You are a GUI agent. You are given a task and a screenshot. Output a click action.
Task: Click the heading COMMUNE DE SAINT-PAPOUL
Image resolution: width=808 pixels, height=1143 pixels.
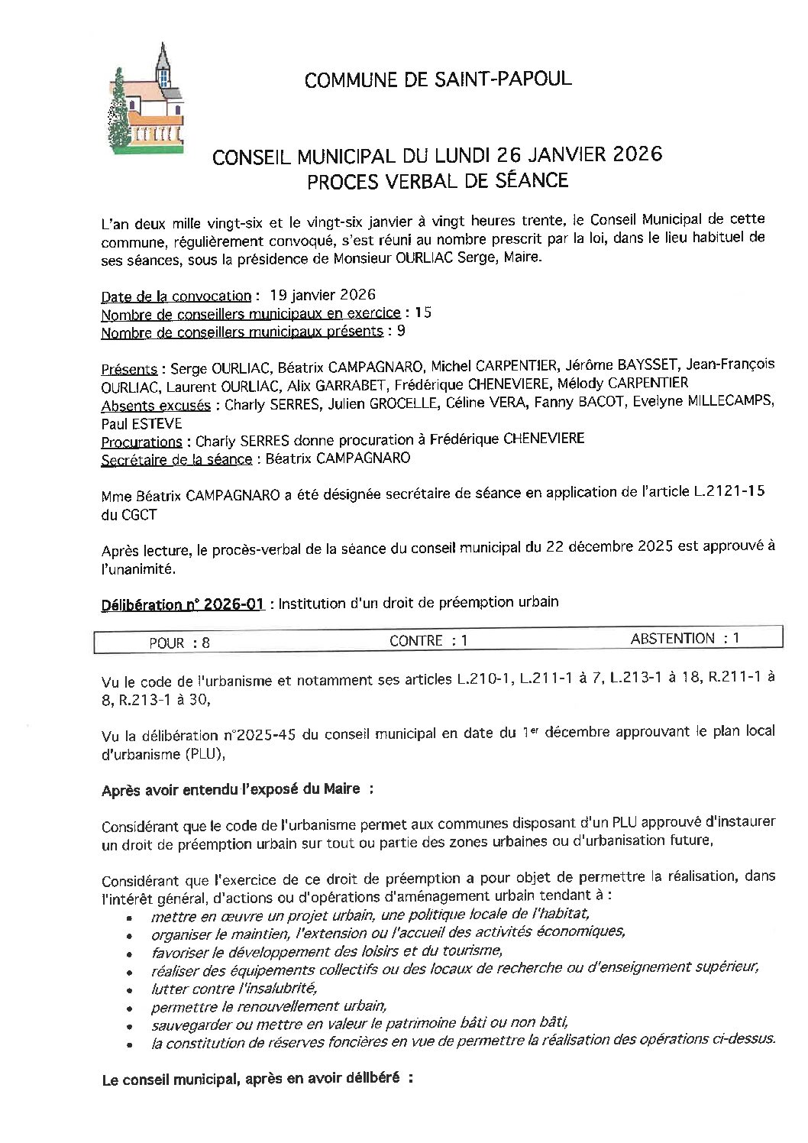pyautogui.click(x=438, y=79)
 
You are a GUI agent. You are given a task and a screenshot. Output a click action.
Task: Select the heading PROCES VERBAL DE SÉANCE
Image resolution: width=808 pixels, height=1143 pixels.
pyautogui.click(x=438, y=181)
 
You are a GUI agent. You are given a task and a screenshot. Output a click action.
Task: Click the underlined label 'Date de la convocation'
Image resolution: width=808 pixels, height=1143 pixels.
pyautogui.click(x=176, y=296)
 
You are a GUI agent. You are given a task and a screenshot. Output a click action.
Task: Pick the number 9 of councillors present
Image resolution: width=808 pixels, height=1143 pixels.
pyautogui.click(x=401, y=331)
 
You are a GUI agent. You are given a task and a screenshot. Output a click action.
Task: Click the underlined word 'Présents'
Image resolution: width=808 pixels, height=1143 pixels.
pyautogui.click(x=129, y=368)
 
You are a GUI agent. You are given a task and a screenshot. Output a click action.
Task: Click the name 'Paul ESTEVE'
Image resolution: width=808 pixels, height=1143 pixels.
pyautogui.click(x=141, y=423)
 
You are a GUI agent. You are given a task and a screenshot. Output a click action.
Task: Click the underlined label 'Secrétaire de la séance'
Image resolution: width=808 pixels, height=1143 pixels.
pyautogui.click(x=176, y=459)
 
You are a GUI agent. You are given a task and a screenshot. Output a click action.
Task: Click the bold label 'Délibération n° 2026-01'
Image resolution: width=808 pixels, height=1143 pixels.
pyautogui.click(x=183, y=604)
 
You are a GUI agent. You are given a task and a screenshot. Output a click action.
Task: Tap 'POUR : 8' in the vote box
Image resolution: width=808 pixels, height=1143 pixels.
pyautogui.click(x=179, y=643)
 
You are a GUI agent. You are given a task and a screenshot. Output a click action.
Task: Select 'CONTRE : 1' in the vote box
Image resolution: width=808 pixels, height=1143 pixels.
pyautogui.click(x=428, y=641)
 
